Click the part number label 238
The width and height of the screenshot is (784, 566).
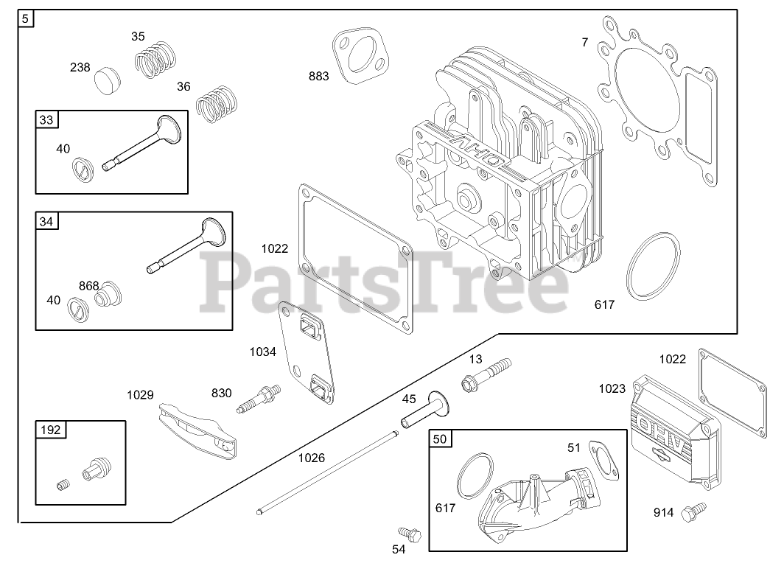click(80, 67)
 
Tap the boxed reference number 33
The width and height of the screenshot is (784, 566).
click(47, 119)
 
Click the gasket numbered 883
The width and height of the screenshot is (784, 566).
click(360, 59)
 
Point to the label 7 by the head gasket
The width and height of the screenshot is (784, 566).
click(585, 43)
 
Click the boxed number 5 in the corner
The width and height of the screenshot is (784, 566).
click(26, 19)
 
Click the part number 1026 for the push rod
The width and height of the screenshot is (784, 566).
click(311, 458)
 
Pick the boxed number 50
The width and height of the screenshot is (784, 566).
click(439, 439)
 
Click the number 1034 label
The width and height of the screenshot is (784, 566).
click(262, 352)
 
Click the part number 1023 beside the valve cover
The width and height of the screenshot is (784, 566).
click(612, 388)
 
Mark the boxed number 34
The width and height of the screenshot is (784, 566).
click(47, 221)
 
